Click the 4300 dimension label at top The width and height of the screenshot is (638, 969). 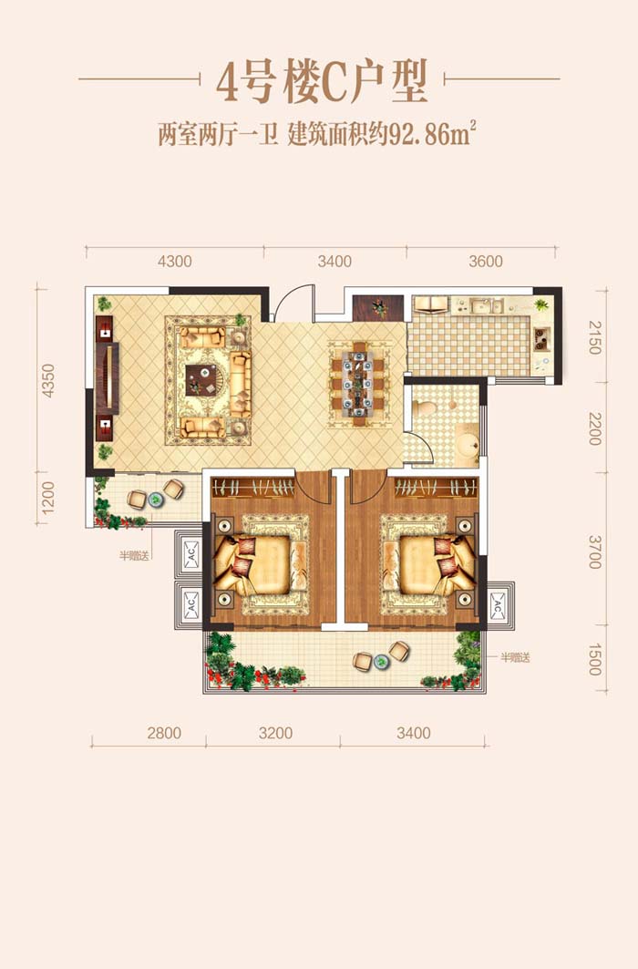pos(175,262)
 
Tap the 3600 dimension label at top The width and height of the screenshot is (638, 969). pos(486,262)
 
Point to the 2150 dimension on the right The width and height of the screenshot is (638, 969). pos(594,337)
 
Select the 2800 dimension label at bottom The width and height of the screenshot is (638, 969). pos(164,733)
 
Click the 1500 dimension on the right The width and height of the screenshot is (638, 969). pos(594,660)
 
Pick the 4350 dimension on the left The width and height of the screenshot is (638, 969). pos(47,381)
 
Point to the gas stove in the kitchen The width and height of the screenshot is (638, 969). pos(542,337)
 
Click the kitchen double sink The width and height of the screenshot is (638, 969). pos(486,305)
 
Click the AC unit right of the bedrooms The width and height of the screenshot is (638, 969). pos(498,605)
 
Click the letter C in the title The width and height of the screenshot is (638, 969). pos(334,85)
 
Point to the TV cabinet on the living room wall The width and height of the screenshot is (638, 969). pos(106,378)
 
